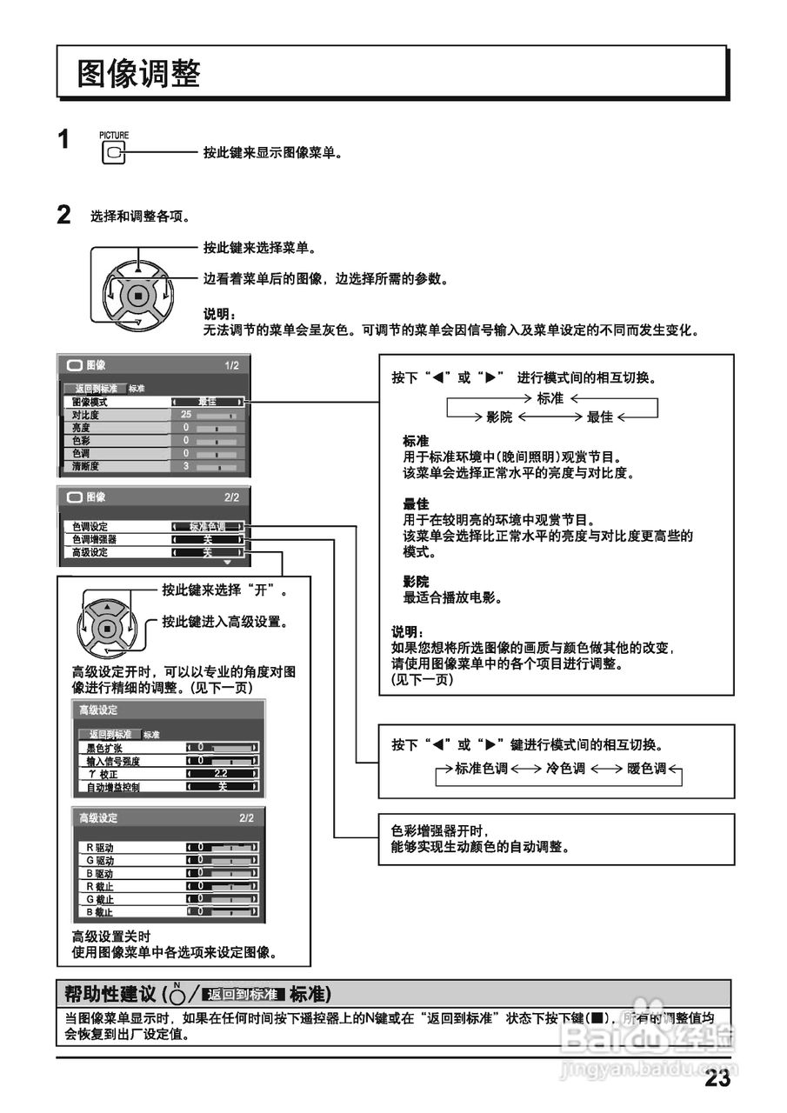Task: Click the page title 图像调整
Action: click(139, 74)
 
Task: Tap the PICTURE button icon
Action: click(113, 154)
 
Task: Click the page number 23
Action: click(717, 1079)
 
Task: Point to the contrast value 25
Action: click(186, 416)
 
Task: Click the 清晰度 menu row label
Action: click(86, 466)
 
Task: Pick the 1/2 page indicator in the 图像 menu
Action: click(231, 365)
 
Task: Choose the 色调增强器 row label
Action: click(95, 539)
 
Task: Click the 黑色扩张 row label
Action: click(106, 748)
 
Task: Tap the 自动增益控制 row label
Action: click(113, 787)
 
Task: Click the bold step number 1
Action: click(63, 139)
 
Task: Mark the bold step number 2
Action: click(63, 215)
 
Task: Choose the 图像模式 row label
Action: click(90, 403)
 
